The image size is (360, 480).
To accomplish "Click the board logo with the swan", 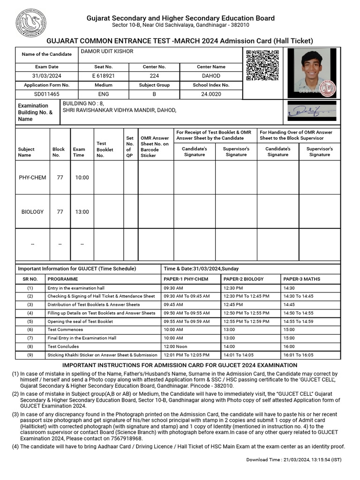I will tap(31, 22).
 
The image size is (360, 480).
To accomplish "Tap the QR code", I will tap(262, 66).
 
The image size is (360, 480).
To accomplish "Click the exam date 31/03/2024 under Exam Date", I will tap(46, 76).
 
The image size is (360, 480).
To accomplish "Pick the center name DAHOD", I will tap(211, 76).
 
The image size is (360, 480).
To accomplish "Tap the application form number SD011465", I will tap(46, 94).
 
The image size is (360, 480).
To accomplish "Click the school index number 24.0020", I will tap(211, 94).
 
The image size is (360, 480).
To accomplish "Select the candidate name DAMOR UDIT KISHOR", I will tap(107, 52).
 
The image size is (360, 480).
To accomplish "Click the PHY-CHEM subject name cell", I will tap(32, 178).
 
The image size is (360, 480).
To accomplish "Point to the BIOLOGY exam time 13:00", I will tap(82, 212).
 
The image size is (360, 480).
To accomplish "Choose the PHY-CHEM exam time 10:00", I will tap(82, 178).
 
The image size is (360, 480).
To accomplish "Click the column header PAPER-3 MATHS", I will tap(302, 279).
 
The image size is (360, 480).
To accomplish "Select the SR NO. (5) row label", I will tap(30, 322).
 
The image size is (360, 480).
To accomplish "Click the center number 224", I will tap(154, 76).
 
